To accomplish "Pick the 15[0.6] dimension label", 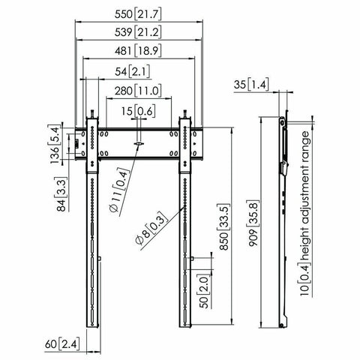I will (136, 112).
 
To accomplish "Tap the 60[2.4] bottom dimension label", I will (61, 344).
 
